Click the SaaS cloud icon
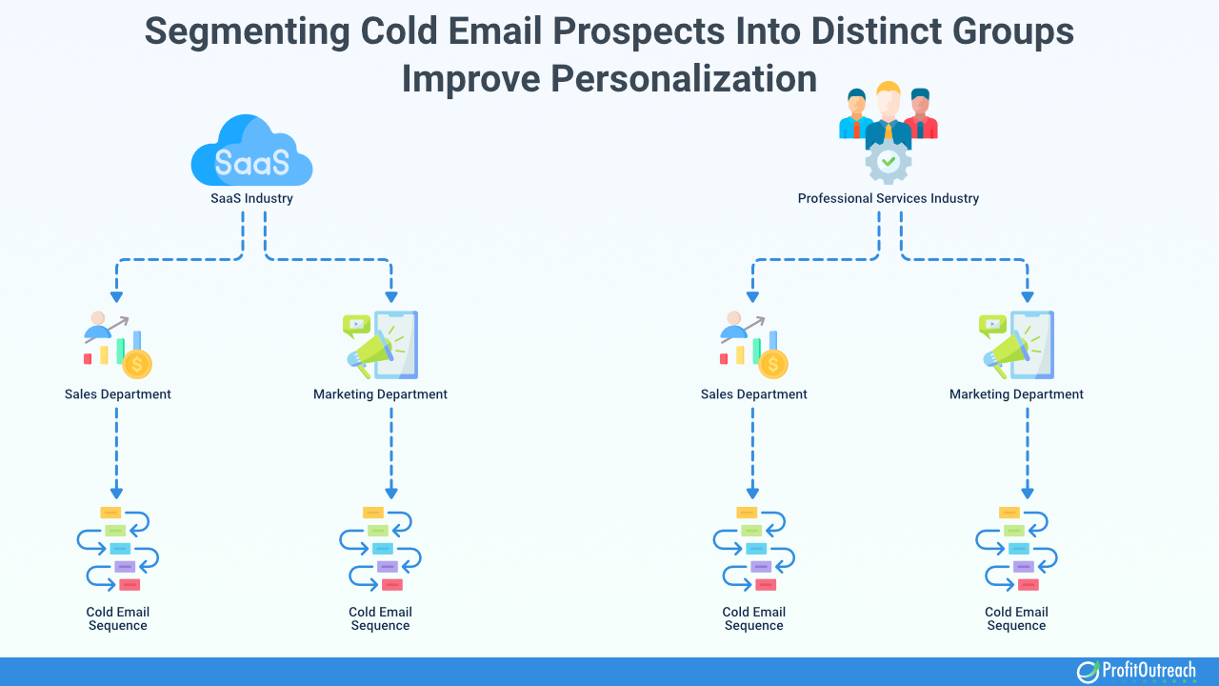coord(251,151)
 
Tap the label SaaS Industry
coord(251,199)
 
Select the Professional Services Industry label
coord(888,199)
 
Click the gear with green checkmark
coord(888,163)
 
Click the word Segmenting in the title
coord(247,30)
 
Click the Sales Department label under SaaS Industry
coord(118,394)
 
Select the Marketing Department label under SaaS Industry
coord(380,394)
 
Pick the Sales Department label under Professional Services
coord(753,394)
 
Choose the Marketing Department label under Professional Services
coord(1016,394)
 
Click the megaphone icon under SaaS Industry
coord(371,349)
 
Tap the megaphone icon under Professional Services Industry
coord(1008,349)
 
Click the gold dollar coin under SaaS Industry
coord(137,364)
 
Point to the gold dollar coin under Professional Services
coord(773,364)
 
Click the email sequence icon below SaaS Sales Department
coord(118,550)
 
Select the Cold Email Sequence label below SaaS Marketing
coord(380,618)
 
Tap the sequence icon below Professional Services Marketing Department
coord(1016,550)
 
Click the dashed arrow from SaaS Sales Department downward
coord(116,448)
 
